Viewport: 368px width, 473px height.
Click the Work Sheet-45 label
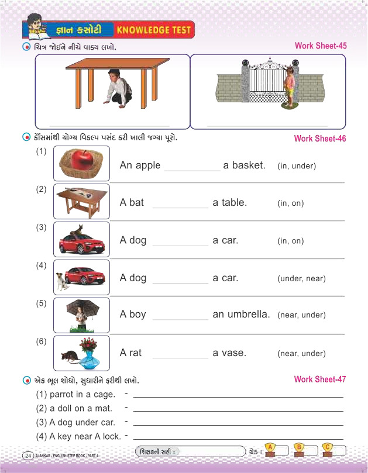320,46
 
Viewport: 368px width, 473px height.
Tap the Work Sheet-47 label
319,379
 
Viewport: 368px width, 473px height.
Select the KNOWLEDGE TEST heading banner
154,29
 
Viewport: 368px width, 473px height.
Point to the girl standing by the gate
289,86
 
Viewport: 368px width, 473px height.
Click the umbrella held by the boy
82,306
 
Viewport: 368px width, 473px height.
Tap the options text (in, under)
296,166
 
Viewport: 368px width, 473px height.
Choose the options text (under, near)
301,278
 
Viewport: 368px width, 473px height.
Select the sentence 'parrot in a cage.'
76,394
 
